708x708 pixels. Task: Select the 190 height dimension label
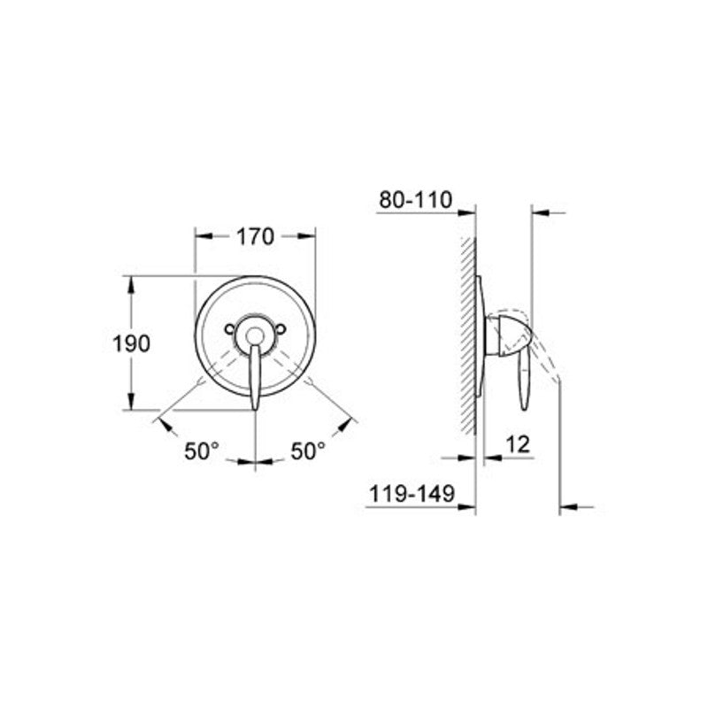point(132,343)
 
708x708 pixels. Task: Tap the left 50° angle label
point(202,450)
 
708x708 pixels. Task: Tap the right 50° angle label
point(308,450)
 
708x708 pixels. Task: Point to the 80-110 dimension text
point(415,200)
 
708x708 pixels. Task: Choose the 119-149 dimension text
point(411,496)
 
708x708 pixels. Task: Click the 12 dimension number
point(519,444)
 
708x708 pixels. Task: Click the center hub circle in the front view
point(255,335)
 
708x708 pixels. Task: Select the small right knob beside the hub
point(281,329)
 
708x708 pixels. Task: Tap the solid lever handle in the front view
point(255,376)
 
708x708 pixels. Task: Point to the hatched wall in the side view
point(468,336)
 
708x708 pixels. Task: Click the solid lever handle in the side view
point(524,376)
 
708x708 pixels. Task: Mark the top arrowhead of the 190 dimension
point(132,283)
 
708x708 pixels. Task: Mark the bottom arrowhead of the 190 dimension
point(132,404)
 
